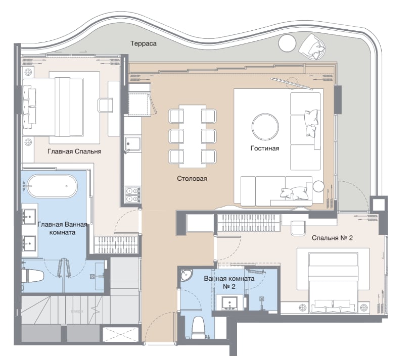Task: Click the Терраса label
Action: coord(144,43)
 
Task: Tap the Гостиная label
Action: coord(265,148)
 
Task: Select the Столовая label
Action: coord(192,178)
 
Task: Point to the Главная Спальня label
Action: coord(75,151)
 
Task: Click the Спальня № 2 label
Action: coord(332,237)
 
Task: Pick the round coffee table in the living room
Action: coord(265,127)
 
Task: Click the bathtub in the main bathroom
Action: coord(53,186)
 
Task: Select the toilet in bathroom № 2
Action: coord(198,328)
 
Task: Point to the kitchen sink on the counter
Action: coord(133,144)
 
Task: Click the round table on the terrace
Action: coord(287,43)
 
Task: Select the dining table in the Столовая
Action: coord(193,136)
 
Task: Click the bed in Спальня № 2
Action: coord(333,282)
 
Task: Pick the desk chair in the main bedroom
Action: coord(105,105)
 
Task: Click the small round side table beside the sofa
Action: coord(318,186)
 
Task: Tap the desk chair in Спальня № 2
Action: coord(298,228)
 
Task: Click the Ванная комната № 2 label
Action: coord(229,282)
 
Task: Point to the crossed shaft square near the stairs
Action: coord(121,334)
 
